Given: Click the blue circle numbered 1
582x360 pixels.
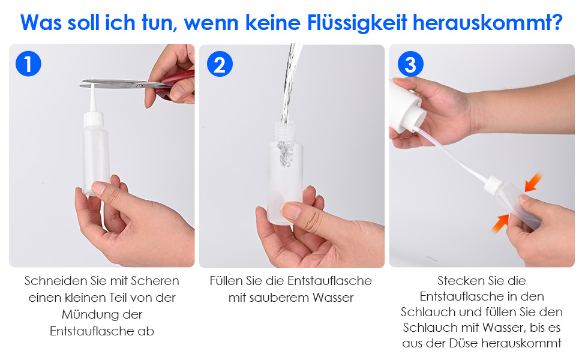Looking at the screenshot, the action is tap(28, 64).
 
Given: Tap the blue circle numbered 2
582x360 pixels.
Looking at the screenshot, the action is tap(220, 64).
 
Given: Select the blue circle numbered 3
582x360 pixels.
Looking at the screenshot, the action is tap(410, 64).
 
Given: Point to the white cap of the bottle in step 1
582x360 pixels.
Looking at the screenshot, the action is tap(94, 119).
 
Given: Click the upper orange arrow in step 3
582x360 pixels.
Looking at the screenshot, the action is tap(533, 182).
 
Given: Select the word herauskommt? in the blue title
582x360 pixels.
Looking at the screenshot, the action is tap(488, 23).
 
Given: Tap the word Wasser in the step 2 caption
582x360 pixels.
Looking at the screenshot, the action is tap(333, 297).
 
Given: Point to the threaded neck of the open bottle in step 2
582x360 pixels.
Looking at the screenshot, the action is tap(285, 132).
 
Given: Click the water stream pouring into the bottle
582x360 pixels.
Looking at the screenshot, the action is tap(290, 85).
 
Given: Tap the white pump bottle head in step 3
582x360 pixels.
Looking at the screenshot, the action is tap(406, 106).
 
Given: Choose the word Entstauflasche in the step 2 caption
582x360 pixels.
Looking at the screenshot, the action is tap(329, 281).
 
